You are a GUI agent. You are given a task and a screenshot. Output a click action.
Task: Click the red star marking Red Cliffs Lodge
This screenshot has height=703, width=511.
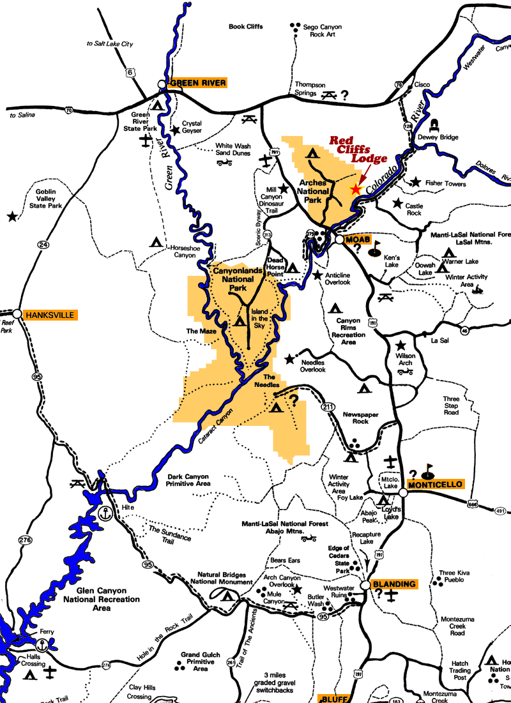356,189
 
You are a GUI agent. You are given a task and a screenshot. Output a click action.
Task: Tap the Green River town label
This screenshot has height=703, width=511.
197,83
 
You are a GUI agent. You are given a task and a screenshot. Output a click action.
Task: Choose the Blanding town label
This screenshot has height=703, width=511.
394,584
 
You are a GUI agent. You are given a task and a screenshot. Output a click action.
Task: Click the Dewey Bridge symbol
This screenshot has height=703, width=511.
436,125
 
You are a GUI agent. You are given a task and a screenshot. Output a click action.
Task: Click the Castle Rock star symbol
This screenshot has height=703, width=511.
398,204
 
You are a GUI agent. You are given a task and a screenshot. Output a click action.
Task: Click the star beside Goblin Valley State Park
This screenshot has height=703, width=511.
11,217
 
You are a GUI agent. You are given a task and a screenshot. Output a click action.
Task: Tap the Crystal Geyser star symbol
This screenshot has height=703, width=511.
176,130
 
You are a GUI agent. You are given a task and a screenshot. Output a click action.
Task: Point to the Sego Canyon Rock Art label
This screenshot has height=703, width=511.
323,31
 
